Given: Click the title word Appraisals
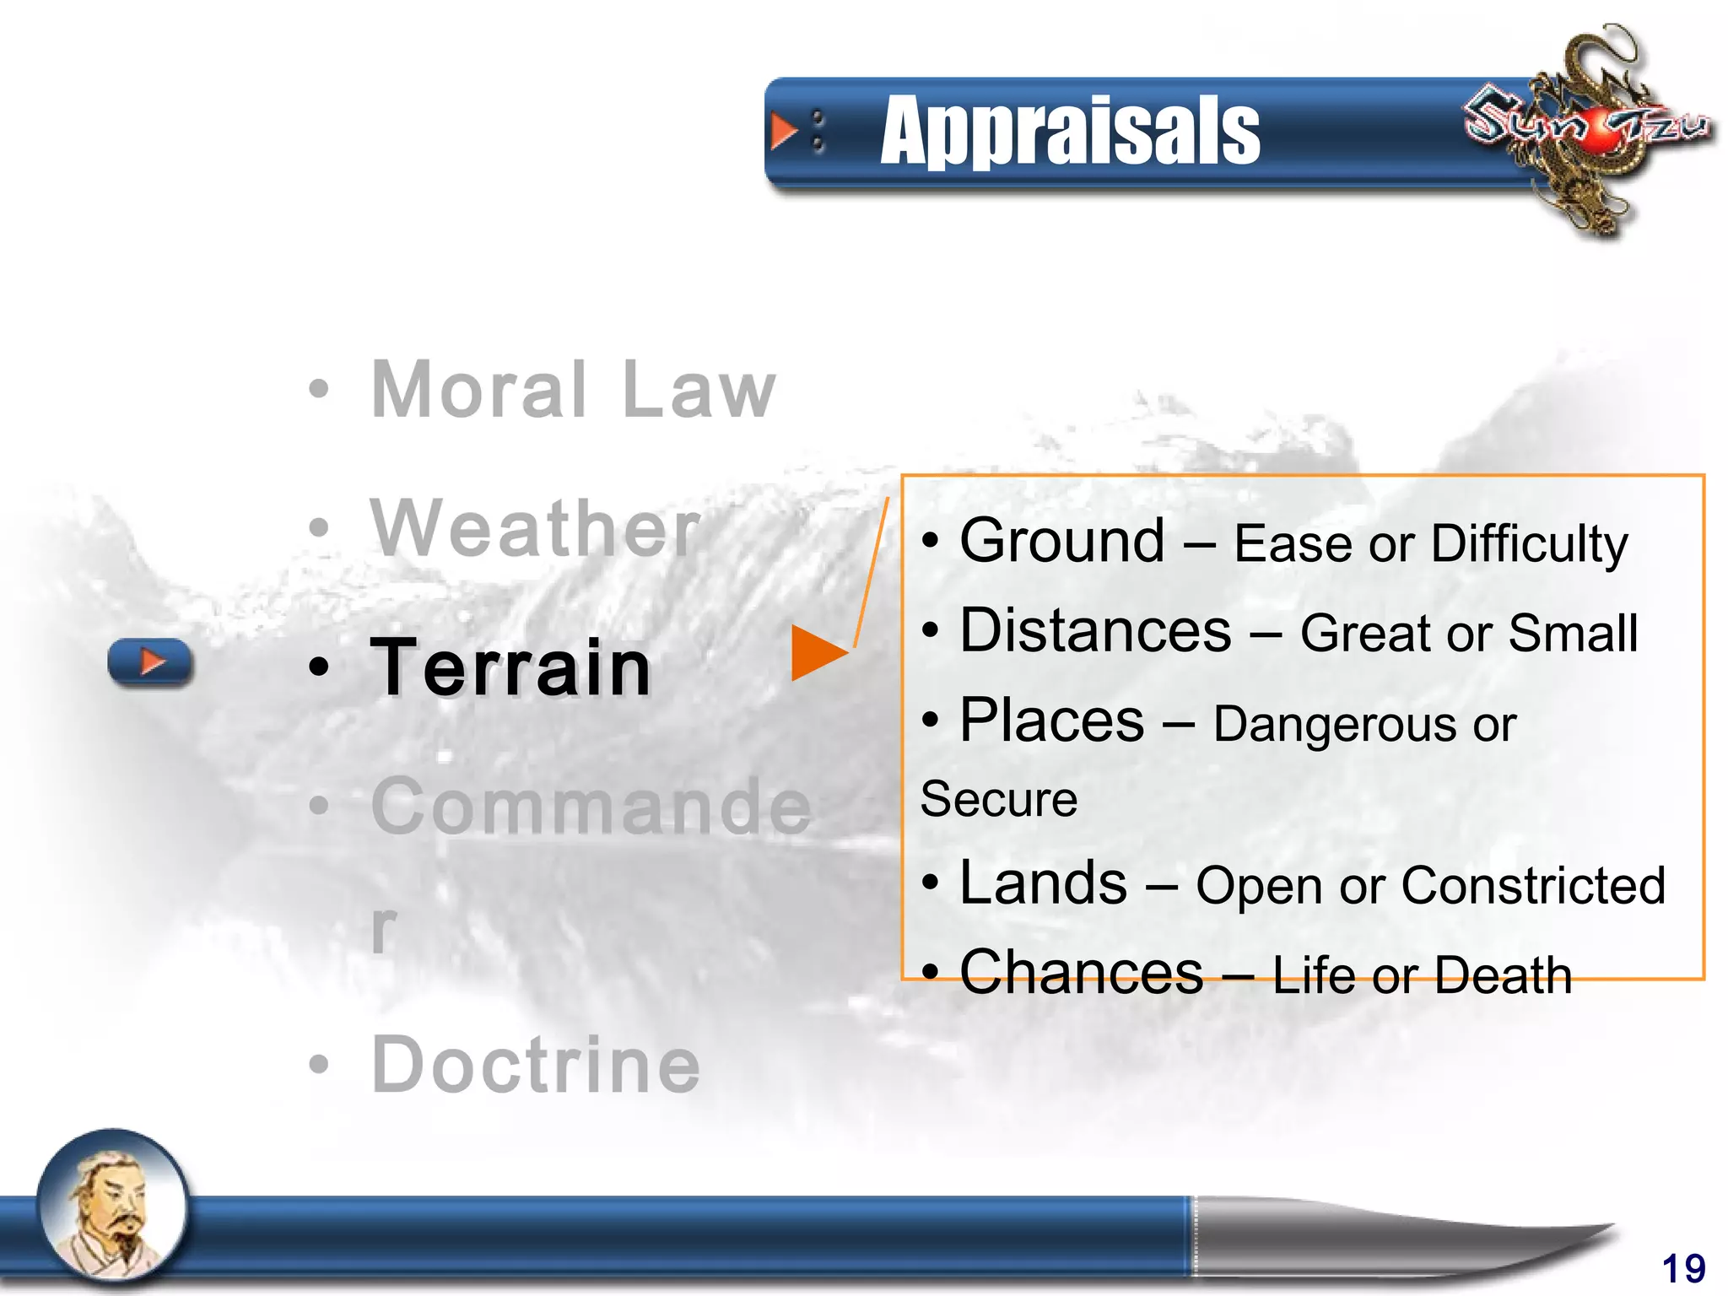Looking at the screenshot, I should coord(1069,132).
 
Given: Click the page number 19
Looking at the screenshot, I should coord(1683,1268).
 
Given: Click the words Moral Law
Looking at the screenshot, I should coord(573,390).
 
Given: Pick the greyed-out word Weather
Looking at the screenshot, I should coord(535,529).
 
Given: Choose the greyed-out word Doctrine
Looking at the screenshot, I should coord(536,1065).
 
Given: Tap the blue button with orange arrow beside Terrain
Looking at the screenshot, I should coord(150,662).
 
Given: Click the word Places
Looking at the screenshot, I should coord(1051,721).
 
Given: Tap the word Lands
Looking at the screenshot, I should coord(1043,883).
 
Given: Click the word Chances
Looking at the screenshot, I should coord(1081,973).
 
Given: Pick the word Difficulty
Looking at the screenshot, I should coord(1529,544).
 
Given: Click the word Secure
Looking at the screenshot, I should coord(999,799).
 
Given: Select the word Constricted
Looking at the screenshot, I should coord(1533,886).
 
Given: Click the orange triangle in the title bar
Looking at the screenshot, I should coord(784,132).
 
